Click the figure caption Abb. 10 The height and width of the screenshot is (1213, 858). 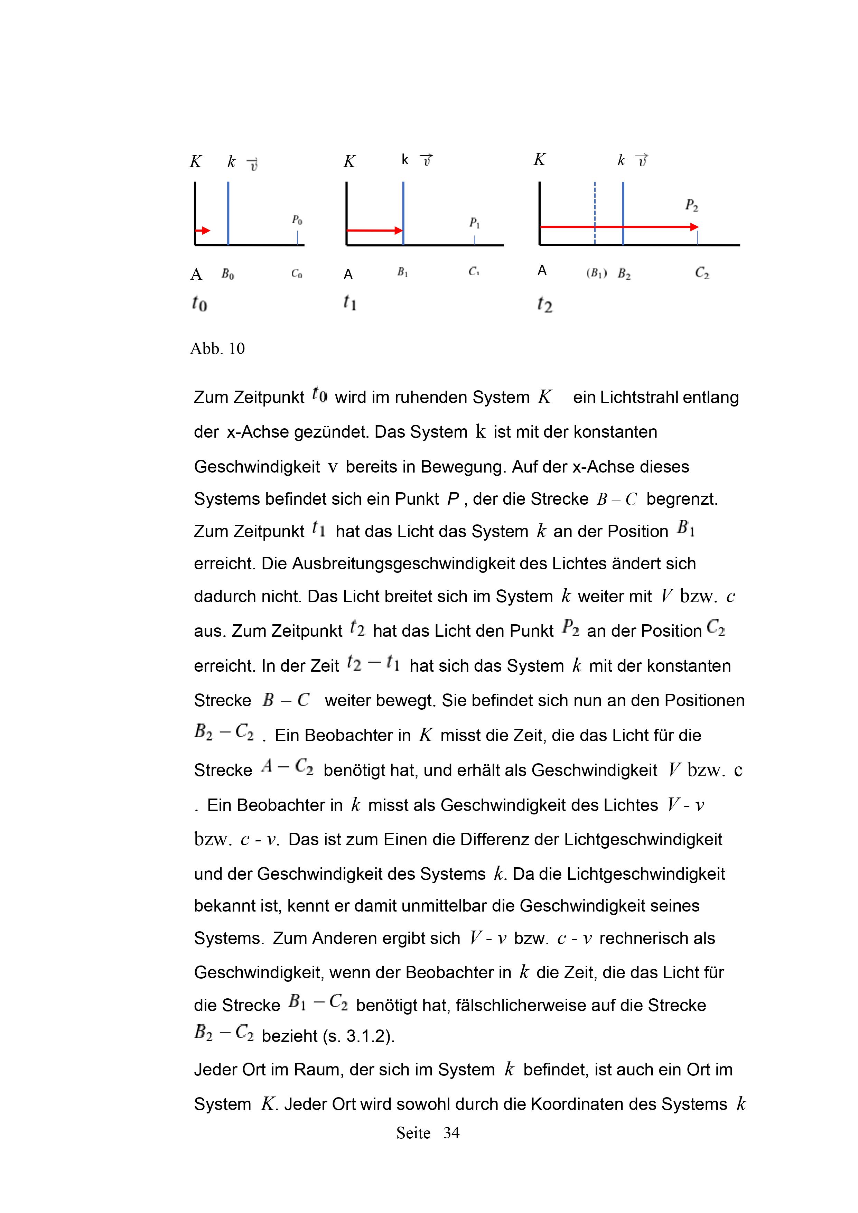(x=217, y=349)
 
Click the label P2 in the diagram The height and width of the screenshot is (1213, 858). (x=692, y=205)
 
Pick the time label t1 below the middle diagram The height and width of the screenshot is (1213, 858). (x=350, y=302)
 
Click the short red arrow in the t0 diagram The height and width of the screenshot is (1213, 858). (x=203, y=230)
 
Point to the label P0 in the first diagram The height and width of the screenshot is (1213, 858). (x=297, y=219)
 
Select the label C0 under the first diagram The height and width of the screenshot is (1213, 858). (x=296, y=274)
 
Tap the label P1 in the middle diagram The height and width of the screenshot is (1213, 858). (x=474, y=223)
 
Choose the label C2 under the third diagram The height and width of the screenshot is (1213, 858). (x=702, y=273)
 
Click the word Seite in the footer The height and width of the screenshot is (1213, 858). (x=413, y=1133)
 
